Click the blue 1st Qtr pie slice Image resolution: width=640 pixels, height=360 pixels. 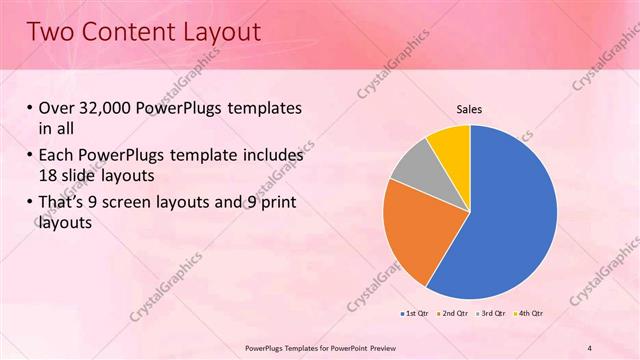point(505,215)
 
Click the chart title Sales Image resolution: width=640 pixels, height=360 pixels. point(470,110)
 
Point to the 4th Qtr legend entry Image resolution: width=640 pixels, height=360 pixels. point(529,314)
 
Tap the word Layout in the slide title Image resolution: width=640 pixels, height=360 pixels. point(219,32)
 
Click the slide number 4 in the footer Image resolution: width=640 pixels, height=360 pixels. point(590,348)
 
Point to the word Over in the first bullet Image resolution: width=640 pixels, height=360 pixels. point(55,109)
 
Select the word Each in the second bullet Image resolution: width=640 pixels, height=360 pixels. point(56,156)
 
